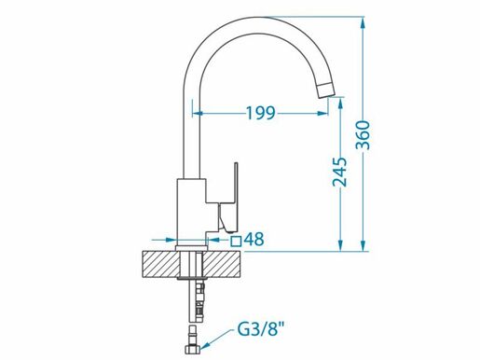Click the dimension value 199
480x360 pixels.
tap(261, 113)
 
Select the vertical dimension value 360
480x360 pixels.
tap(363, 135)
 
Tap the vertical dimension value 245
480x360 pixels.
tap(339, 172)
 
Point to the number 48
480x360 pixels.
tap(254, 240)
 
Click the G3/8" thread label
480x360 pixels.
tap(261, 330)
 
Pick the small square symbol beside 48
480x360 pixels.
tap(236, 241)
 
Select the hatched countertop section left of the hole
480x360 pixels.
tap(161, 264)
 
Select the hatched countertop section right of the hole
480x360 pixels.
tap(223, 264)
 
